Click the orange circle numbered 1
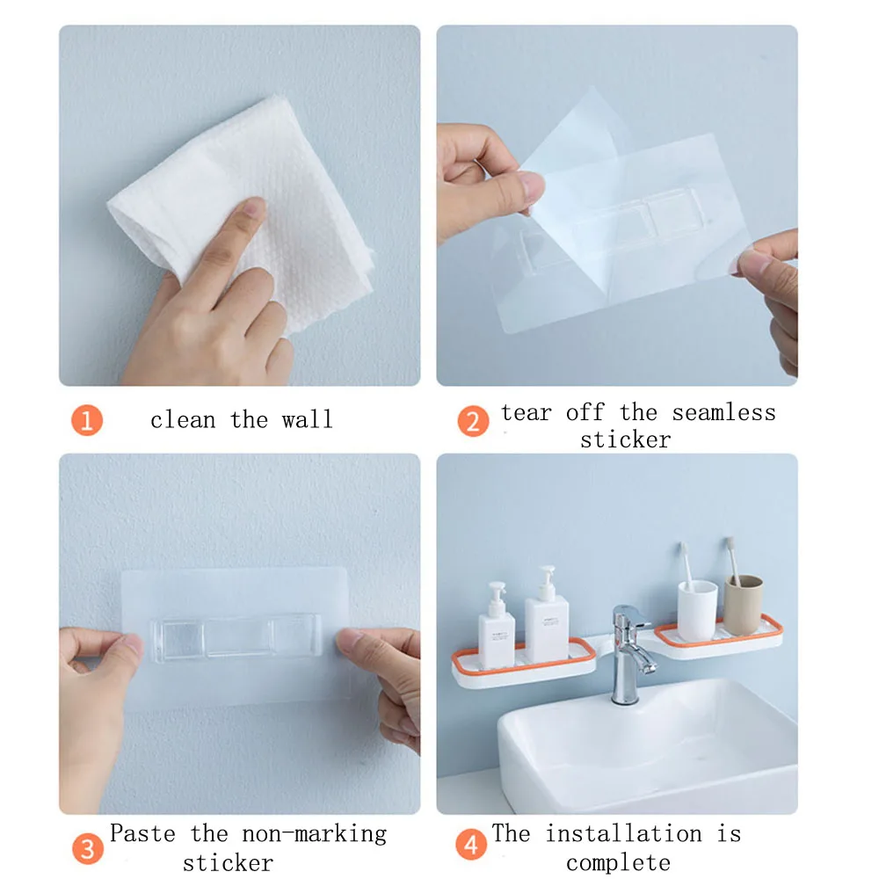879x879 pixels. tap(87, 420)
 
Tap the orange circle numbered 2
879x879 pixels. tap(473, 422)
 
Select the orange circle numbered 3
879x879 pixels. tap(87, 849)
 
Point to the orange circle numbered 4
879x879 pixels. tap(471, 844)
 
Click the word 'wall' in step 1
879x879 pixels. tap(307, 419)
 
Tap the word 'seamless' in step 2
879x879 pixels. tap(723, 413)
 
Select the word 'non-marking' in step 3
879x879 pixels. tap(315, 834)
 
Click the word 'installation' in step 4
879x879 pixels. tap(623, 833)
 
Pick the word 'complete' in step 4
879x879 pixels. tap(618, 863)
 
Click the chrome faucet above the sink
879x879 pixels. tap(630, 654)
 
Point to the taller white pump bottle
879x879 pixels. tap(546, 614)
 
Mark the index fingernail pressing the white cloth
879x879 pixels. tap(255, 207)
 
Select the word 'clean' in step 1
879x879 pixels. tap(183, 419)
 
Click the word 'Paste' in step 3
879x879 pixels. tap(142, 833)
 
